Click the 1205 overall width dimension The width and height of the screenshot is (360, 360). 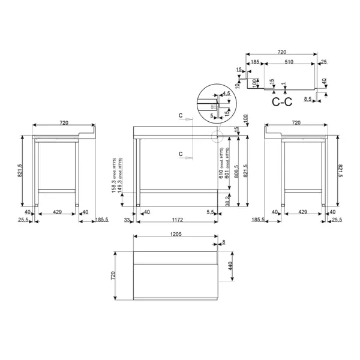click(176, 235)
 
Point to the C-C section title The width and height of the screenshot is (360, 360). click(281, 103)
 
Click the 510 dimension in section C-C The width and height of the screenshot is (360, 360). click(289, 62)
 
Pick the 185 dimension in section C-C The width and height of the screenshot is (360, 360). click(256, 62)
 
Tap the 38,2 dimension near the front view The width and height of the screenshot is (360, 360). click(226, 201)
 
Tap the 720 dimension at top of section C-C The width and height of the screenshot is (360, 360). click(282, 52)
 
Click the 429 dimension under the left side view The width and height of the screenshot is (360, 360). click(57, 212)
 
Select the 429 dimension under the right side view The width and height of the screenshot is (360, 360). click(303, 212)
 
